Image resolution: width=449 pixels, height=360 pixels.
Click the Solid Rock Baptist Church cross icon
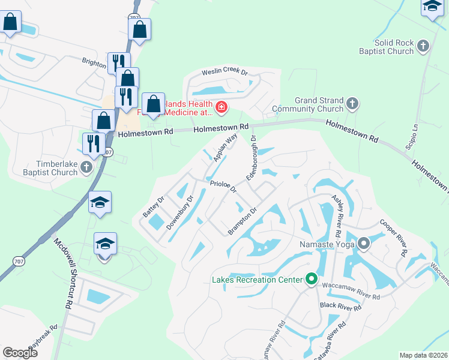point(423,46)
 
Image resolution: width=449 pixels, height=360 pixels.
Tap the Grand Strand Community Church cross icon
point(352,104)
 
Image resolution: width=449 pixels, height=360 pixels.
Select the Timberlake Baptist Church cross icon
point(87,167)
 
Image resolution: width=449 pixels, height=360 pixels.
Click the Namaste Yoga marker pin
point(364,244)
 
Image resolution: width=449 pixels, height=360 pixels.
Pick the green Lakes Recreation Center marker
point(311,279)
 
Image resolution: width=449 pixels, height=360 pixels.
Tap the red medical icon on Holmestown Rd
point(221,107)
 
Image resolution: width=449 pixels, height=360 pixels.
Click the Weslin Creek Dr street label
point(225,70)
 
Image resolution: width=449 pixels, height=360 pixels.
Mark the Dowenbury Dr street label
point(179,212)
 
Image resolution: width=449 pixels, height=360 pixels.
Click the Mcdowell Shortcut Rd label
point(64,271)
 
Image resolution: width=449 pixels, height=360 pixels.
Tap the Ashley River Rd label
point(336,215)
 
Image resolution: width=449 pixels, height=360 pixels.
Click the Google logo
point(20,353)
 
